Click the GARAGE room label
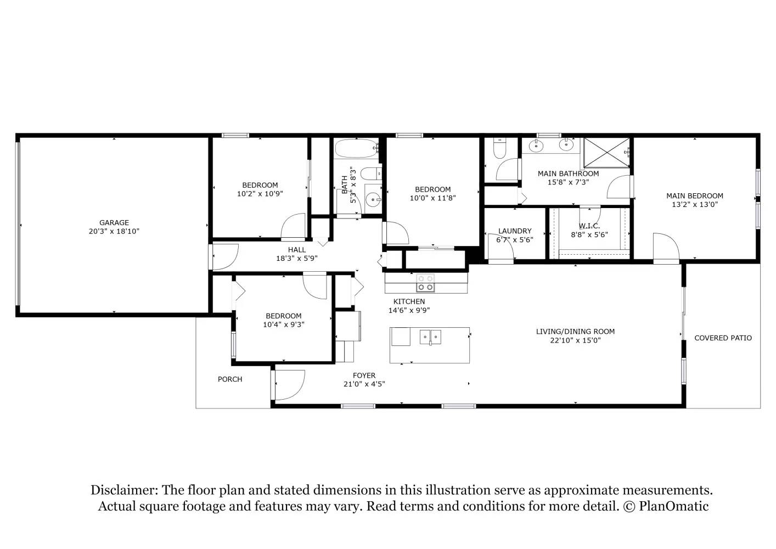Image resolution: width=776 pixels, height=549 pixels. pyautogui.click(x=114, y=222)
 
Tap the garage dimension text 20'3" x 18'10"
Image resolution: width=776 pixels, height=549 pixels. pyautogui.click(x=114, y=231)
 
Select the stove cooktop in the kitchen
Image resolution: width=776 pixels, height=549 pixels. pyautogui.click(x=425, y=283)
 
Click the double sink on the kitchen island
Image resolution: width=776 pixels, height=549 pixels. pyautogui.click(x=430, y=337)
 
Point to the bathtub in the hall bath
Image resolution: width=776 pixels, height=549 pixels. pyautogui.click(x=356, y=148)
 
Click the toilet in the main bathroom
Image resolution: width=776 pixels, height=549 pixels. pyautogui.click(x=500, y=149)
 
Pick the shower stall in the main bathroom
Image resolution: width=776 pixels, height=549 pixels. pyautogui.click(x=606, y=153)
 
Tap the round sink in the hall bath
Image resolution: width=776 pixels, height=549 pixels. pyautogui.click(x=373, y=199)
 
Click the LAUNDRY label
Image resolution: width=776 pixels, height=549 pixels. pyautogui.click(x=515, y=231)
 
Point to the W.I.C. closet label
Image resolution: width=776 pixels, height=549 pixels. pyautogui.click(x=589, y=226)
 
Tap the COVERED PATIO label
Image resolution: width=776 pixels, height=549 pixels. pyautogui.click(x=723, y=338)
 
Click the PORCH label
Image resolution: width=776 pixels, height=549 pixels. pyautogui.click(x=230, y=379)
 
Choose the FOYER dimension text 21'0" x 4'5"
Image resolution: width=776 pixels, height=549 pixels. pyautogui.click(x=364, y=384)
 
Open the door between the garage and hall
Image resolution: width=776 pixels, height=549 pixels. pyautogui.click(x=224, y=256)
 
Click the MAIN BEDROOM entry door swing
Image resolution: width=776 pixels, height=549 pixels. pyautogui.click(x=666, y=248)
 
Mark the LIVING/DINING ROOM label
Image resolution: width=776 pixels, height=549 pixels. pyautogui.click(x=575, y=332)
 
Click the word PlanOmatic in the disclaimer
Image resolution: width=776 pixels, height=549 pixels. pyautogui.click(x=673, y=506)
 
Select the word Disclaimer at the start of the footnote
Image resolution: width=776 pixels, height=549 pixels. pyautogui.click(x=124, y=490)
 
